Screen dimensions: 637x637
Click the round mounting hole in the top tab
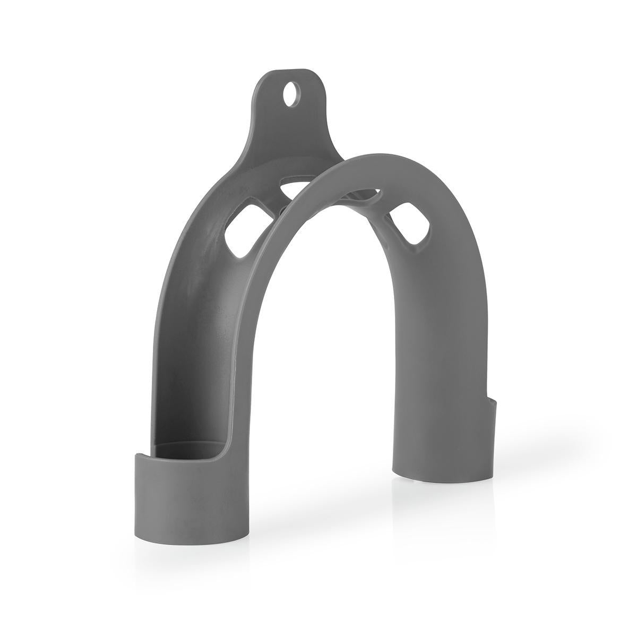pyautogui.click(x=290, y=94)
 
